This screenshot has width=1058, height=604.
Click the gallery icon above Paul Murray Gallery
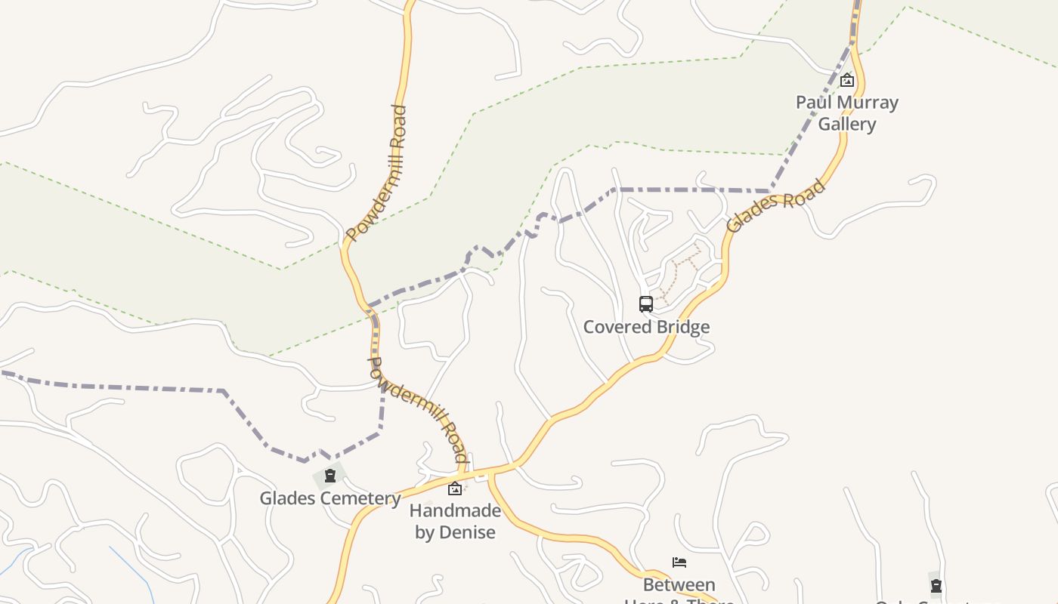[847, 79]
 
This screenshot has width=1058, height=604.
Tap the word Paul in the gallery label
[811, 102]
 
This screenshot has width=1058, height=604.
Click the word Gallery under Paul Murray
[847, 124]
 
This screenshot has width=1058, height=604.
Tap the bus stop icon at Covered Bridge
[646, 304]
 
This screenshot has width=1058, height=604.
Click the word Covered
[613, 327]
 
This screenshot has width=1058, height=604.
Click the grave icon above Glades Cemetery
[329, 476]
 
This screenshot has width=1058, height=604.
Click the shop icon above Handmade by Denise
[455, 488]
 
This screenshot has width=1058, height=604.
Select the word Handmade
[455, 510]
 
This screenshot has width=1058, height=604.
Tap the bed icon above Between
[679, 562]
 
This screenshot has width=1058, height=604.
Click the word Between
[679, 585]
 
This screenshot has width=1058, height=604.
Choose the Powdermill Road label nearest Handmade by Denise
[418, 409]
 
